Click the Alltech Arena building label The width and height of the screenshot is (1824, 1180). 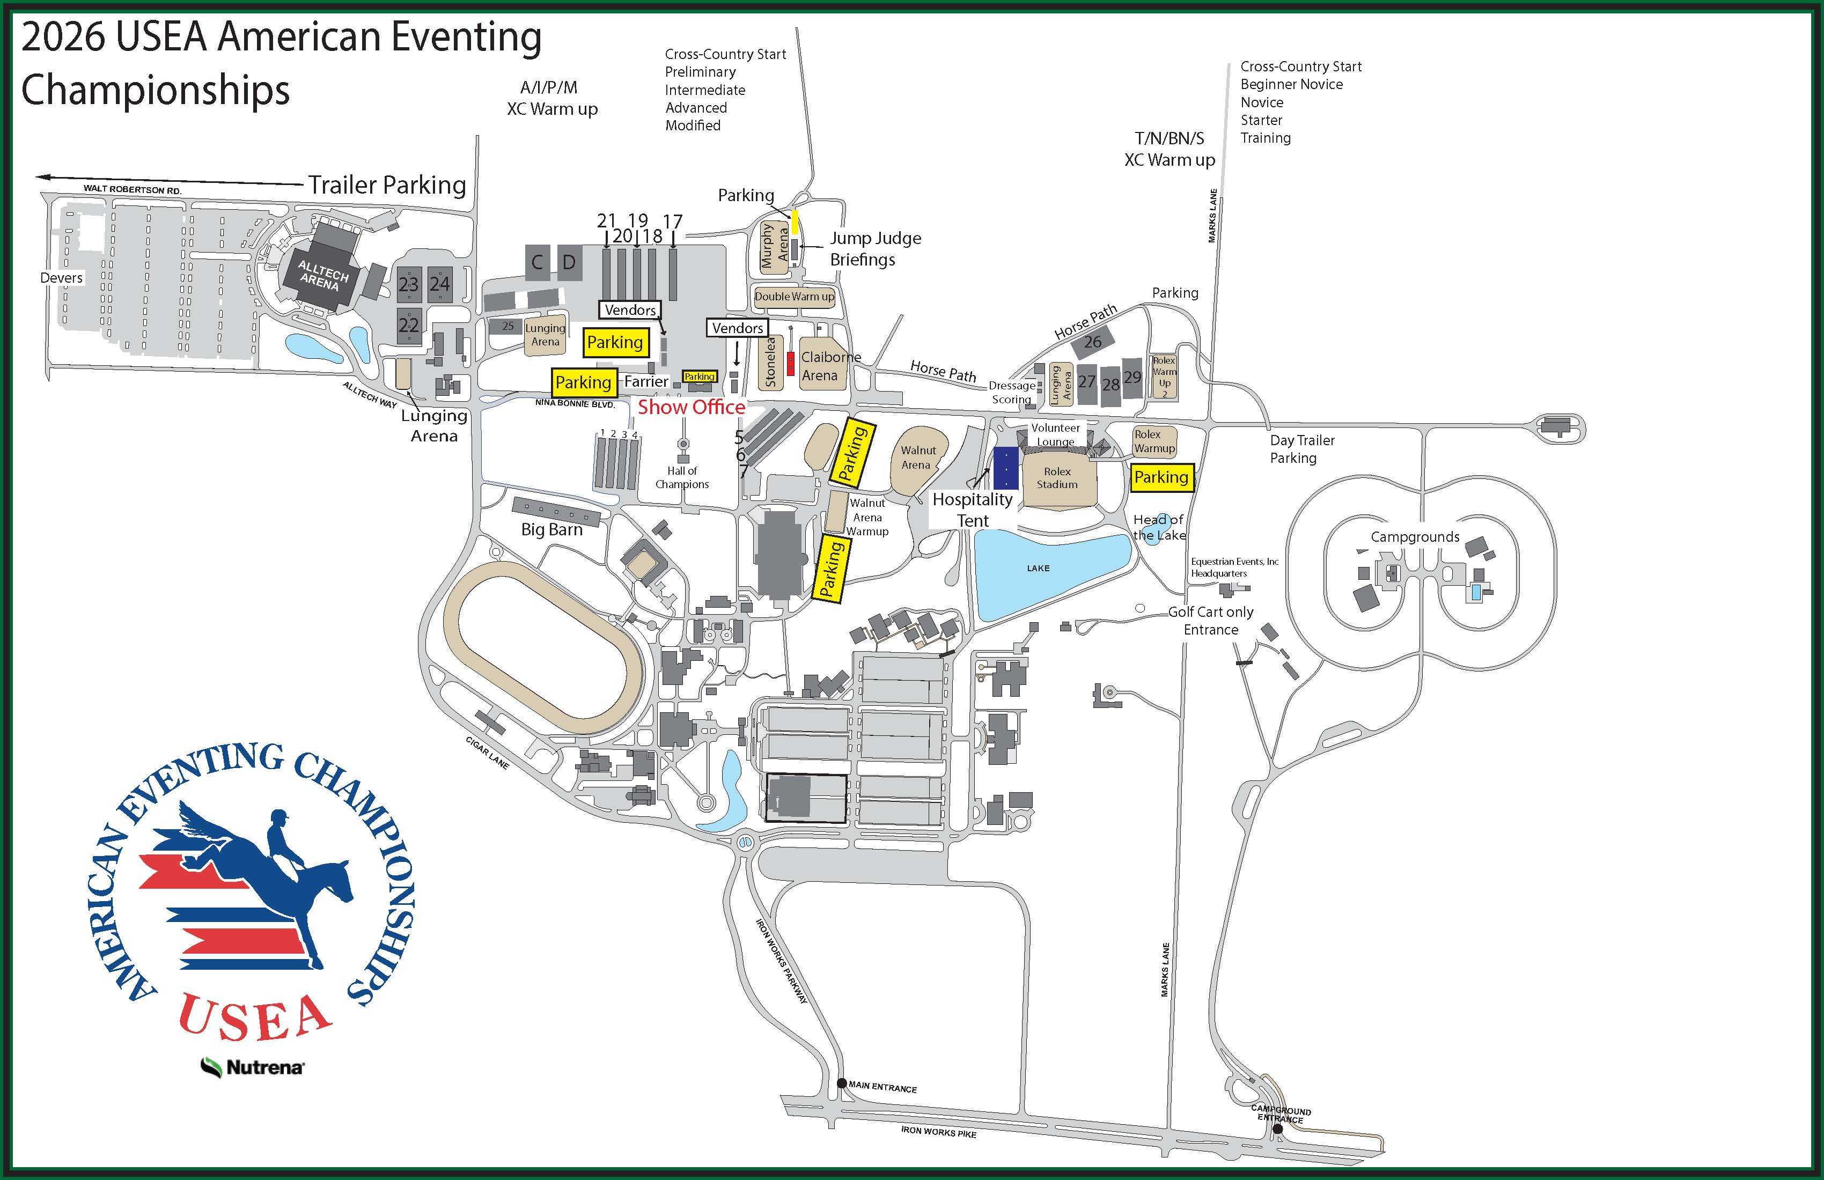coord(320,276)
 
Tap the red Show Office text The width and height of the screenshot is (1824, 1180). coord(692,407)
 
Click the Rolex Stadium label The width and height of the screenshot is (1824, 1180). coord(1057,477)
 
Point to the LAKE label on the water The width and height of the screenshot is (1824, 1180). coord(1039,568)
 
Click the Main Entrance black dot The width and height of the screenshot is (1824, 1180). coord(842,1083)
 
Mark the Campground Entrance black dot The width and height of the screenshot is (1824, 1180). coord(1277,1129)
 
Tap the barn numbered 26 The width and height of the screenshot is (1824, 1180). coord(1093,342)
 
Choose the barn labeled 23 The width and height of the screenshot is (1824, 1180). coord(408,284)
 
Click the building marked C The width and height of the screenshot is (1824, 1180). coord(537,263)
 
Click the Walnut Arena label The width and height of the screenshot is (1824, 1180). coord(918,458)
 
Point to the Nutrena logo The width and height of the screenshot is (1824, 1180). coord(253,1067)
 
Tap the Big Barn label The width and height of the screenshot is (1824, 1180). coord(552,529)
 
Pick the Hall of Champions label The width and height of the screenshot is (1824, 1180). coord(682,477)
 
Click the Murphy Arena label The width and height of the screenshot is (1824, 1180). coord(775,245)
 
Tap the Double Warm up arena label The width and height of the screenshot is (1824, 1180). coord(794,297)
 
